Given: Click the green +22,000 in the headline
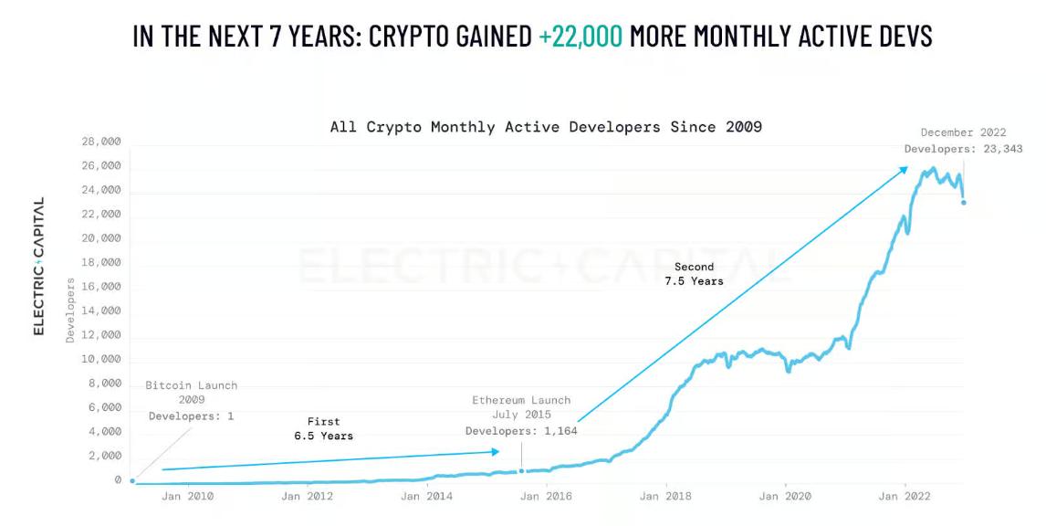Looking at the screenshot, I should [x=581, y=36].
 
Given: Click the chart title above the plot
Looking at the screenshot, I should [x=546, y=127].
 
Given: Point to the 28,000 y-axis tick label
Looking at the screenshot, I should [x=100, y=142].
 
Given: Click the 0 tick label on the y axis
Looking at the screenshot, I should [x=118, y=480].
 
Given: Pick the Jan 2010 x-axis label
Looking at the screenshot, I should [x=187, y=497].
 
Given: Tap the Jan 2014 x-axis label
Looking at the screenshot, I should [x=425, y=497].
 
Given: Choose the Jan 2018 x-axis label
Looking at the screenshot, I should [x=665, y=497].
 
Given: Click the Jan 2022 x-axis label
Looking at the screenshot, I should [x=904, y=497].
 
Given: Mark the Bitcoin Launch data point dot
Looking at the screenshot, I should [x=132, y=480].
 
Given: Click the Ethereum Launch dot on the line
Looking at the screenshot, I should [x=522, y=471].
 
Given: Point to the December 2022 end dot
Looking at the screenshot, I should [x=963, y=202].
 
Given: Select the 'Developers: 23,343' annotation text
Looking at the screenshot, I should [x=963, y=149].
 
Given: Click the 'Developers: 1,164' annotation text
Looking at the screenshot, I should [x=521, y=431].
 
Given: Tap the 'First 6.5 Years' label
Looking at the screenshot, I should [x=323, y=429].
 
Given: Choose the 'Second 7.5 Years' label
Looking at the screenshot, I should [x=694, y=274].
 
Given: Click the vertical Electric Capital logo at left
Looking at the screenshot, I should [x=39, y=267].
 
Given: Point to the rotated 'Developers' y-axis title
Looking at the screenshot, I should [x=70, y=310].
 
